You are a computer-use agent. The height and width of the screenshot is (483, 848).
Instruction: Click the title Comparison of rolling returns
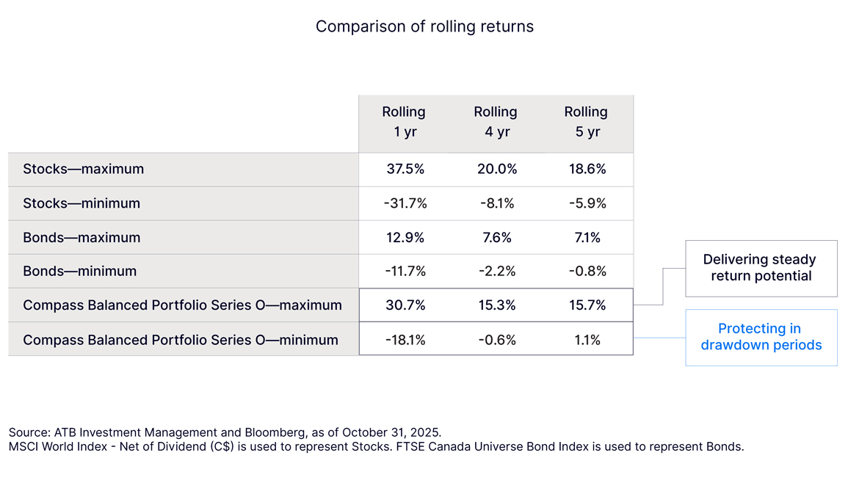click(x=424, y=26)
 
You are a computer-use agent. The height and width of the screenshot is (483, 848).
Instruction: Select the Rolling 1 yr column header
click(x=404, y=122)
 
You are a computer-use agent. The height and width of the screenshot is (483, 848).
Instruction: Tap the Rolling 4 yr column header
click(x=495, y=122)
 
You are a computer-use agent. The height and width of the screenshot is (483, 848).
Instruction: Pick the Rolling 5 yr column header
click(x=586, y=122)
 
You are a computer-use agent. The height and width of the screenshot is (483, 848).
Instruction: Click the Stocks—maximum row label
click(x=83, y=169)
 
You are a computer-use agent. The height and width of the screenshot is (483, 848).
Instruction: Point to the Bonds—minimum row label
click(x=79, y=271)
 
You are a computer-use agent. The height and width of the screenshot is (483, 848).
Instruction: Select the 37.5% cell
click(x=405, y=169)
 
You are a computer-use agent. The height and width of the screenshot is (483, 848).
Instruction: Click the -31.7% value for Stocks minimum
click(x=405, y=203)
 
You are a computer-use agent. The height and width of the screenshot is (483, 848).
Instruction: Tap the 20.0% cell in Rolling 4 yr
click(x=497, y=169)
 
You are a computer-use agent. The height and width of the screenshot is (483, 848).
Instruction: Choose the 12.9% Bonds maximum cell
click(x=405, y=237)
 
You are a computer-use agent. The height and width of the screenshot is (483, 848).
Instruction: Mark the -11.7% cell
click(x=405, y=271)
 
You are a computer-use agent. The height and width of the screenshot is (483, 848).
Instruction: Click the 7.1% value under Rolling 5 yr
click(x=587, y=237)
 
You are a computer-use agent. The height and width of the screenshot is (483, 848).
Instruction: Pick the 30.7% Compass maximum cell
click(x=405, y=305)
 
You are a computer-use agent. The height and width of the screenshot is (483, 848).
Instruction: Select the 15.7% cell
click(x=587, y=305)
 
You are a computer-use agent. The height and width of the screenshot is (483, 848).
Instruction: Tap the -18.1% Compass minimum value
click(x=405, y=339)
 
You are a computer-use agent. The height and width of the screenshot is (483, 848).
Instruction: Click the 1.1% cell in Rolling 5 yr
click(x=587, y=339)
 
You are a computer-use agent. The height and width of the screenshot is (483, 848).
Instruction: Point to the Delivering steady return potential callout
click(x=761, y=268)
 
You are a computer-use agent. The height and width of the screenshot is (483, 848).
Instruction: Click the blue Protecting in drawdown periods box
click(x=761, y=337)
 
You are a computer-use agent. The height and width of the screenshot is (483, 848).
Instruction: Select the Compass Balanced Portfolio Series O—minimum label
click(x=181, y=339)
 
